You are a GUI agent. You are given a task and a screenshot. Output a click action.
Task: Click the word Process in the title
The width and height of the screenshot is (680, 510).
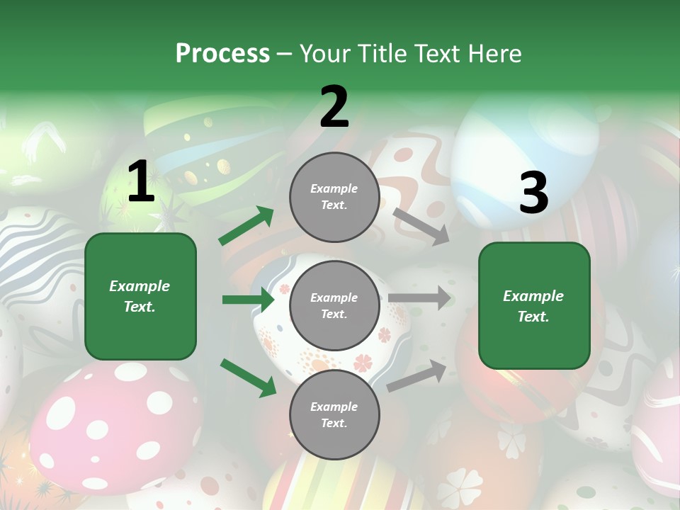222,54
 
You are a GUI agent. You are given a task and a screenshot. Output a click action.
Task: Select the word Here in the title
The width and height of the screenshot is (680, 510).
493,54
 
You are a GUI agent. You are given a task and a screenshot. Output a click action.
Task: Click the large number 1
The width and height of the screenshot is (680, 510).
141,182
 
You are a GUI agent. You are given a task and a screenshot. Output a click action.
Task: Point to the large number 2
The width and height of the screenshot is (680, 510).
334,106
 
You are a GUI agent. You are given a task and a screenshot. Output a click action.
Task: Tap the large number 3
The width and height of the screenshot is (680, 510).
533,193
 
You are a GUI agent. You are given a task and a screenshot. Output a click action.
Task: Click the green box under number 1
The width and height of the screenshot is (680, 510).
140,296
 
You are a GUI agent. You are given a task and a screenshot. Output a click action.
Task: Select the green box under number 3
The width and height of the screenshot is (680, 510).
534,305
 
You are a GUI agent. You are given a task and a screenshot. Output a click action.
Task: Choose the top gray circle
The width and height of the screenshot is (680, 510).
334,197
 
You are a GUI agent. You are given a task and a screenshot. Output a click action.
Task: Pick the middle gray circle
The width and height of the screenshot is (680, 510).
334,305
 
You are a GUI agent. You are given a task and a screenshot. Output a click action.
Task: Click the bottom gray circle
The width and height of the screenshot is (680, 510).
334,414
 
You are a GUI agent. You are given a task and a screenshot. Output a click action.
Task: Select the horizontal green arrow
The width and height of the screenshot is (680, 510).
248,300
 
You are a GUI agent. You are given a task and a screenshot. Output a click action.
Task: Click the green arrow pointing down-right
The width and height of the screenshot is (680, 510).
248,378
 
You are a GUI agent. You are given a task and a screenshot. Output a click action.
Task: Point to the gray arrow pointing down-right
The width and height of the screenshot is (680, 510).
421,226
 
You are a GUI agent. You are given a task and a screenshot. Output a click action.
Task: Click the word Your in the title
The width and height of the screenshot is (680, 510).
323,54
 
